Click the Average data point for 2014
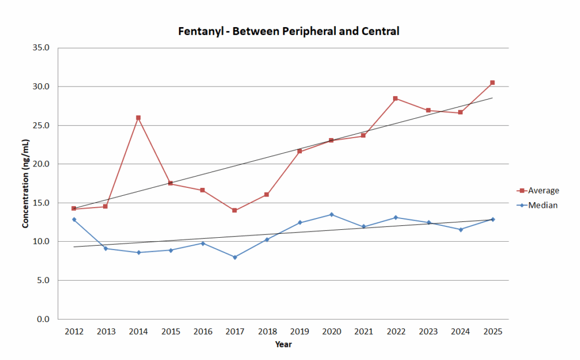point(138,118)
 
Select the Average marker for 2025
point(492,83)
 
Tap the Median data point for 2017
point(235,257)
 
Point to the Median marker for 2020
point(331,215)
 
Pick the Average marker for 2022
point(395,98)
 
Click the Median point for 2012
point(74,219)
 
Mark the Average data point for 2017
point(235,211)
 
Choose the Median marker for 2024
point(460,229)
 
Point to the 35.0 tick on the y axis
point(42,48)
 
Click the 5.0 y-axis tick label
point(45,281)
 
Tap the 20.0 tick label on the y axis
point(42,164)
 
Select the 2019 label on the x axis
point(299,331)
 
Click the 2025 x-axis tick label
point(492,331)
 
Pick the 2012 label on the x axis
point(74,331)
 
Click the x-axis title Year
point(283,344)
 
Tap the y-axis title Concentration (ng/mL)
point(25,183)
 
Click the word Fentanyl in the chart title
point(198,32)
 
